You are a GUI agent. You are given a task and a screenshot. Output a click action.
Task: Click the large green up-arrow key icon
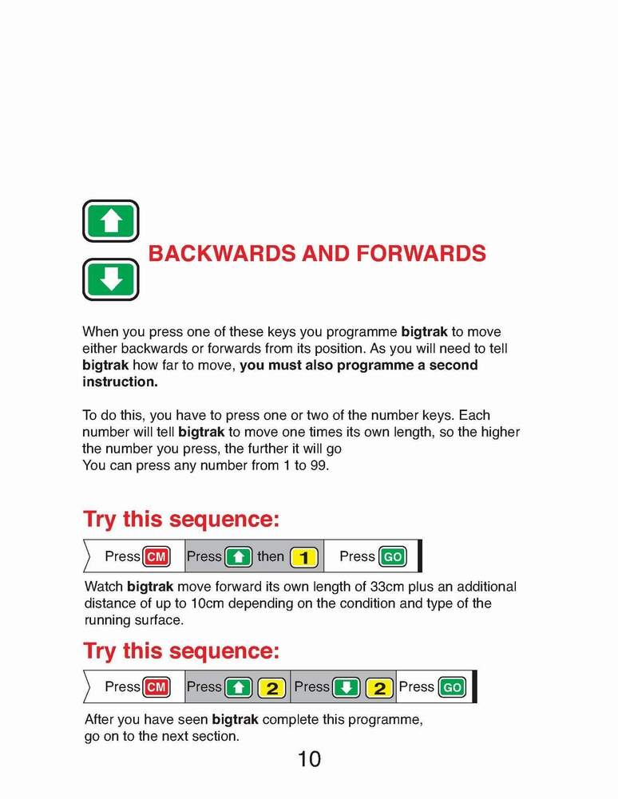(x=111, y=221)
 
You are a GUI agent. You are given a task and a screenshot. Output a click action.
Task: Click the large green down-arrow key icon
(x=111, y=279)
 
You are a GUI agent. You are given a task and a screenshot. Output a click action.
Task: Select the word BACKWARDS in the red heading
(x=221, y=254)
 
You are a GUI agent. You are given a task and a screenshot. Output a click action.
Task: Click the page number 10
(x=309, y=759)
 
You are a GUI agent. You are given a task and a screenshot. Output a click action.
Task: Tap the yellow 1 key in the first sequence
(x=303, y=557)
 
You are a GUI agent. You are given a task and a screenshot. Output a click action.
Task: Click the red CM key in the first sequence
(x=156, y=557)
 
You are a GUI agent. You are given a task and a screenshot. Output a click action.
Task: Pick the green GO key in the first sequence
(x=392, y=557)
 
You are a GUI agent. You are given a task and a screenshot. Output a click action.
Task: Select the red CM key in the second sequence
(x=156, y=687)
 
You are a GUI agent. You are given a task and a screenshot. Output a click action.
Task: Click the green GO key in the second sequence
(x=451, y=687)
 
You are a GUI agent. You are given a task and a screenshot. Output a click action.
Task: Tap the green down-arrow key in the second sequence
(x=347, y=687)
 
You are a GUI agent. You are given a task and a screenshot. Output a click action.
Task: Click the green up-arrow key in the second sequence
(x=238, y=687)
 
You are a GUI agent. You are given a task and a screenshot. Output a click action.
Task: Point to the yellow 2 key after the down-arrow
(x=379, y=687)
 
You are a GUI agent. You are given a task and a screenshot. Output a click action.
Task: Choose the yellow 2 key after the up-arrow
(x=272, y=687)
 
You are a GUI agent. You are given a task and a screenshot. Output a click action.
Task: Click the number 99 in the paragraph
(x=317, y=465)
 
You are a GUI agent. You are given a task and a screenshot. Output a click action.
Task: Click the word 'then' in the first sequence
(x=271, y=556)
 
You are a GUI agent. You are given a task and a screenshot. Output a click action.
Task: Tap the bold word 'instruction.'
(x=121, y=382)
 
